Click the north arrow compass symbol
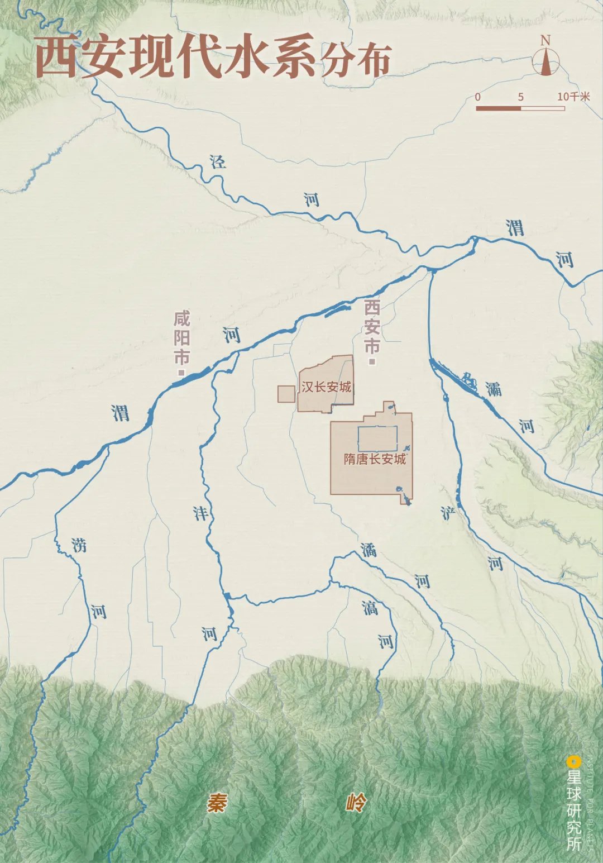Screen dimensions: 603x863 [545, 60]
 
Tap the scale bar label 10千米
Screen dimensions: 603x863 [573, 97]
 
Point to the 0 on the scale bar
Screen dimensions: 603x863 [478, 97]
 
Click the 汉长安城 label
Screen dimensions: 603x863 [327, 387]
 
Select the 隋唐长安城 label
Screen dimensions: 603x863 [375, 459]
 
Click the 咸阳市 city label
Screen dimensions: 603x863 [182, 337]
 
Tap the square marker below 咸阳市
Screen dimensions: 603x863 [181, 372]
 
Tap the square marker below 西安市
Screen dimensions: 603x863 [372, 362]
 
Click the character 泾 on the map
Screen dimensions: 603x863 [218, 162]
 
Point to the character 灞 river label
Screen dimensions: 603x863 [493, 389]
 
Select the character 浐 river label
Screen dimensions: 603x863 [448, 513]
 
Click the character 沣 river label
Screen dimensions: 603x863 [200, 513]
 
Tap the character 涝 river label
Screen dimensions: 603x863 [79, 545]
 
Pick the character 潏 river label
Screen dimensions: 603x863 [368, 550]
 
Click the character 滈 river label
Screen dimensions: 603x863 [370, 608]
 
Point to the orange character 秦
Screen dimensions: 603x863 [217, 803]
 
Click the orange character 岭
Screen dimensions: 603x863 [356, 803]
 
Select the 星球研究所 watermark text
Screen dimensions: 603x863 [574, 810]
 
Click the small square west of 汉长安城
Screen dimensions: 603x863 [286, 394]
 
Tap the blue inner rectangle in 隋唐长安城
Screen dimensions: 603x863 [378, 439]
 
